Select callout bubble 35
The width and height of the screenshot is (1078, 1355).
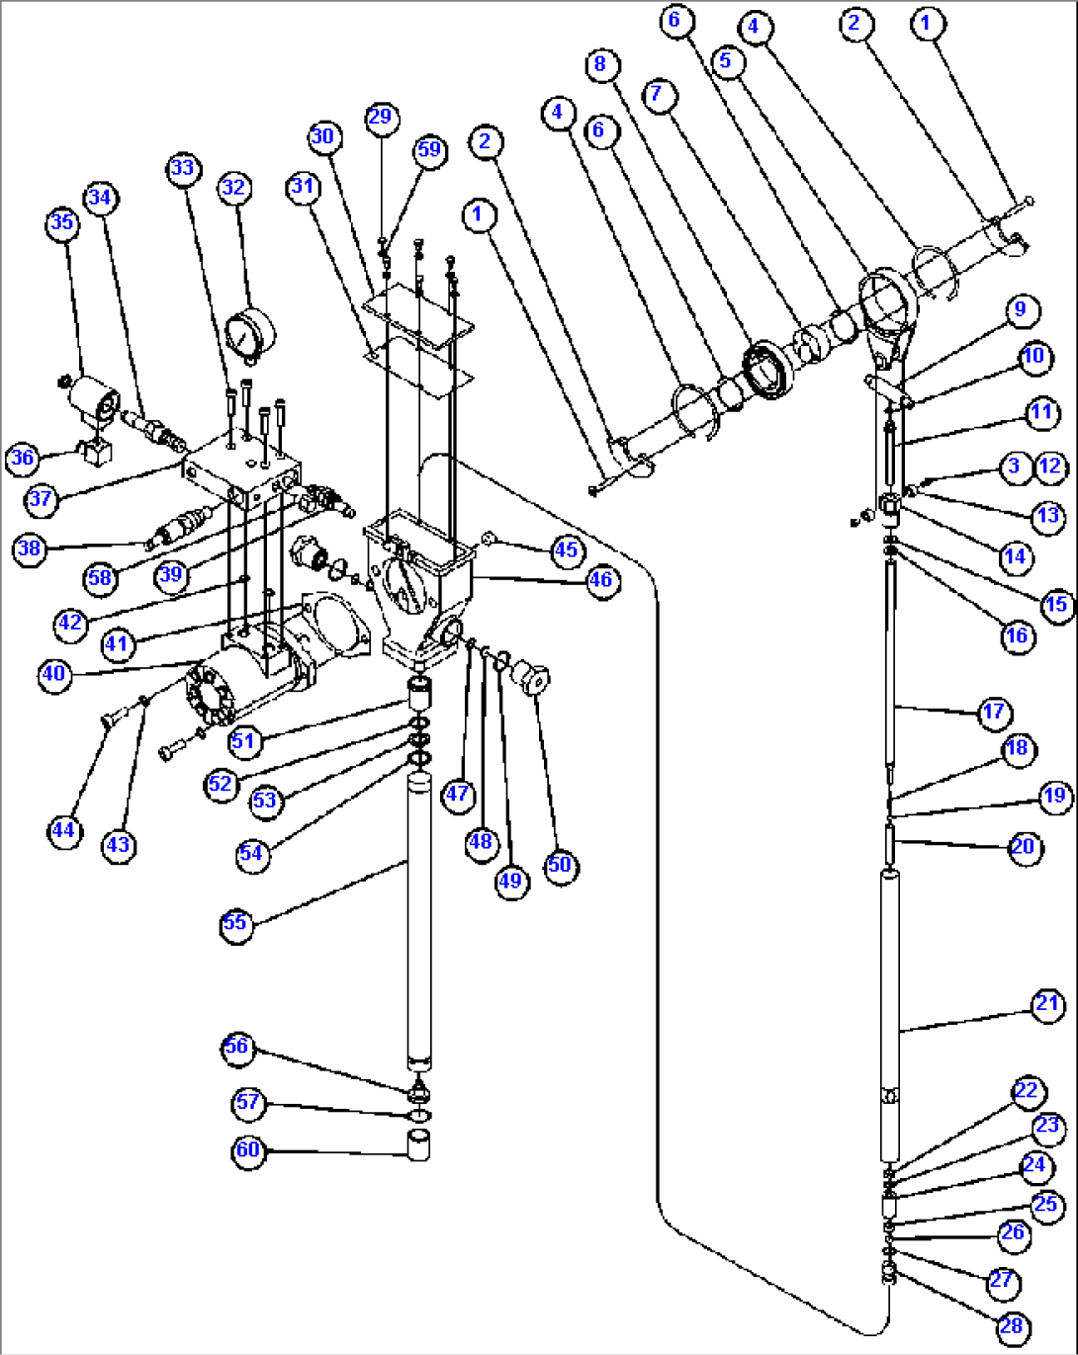click(x=62, y=221)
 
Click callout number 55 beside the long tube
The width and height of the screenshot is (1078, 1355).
click(x=235, y=923)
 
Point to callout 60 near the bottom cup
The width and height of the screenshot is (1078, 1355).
click(x=247, y=1150)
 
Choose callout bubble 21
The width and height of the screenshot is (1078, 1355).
click(x=1047, y=1005)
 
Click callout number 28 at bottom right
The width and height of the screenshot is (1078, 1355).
click(x=1013, y=1327)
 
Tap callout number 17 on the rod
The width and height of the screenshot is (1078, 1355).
click(x=994, y=712)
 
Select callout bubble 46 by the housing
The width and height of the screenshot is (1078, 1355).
click(x=601, y=580)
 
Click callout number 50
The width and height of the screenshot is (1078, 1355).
click(x=560, y=865)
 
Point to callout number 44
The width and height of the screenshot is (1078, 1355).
click(x=63, y=829)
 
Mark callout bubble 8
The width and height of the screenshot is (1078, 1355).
click(x=600, y=64)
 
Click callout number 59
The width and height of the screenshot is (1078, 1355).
click(x=429, y=149)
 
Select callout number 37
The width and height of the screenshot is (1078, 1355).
click(x=40, y=498)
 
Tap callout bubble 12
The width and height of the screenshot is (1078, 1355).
click(x=1050, y=466)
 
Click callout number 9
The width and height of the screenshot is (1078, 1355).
click(x=1020, y=309)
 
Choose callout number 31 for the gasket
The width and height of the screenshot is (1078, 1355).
click(x=303, y=185)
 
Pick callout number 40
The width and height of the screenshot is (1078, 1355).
click(x=53, y=675)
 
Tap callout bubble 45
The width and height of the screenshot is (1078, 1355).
click(x=566, y=550)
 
